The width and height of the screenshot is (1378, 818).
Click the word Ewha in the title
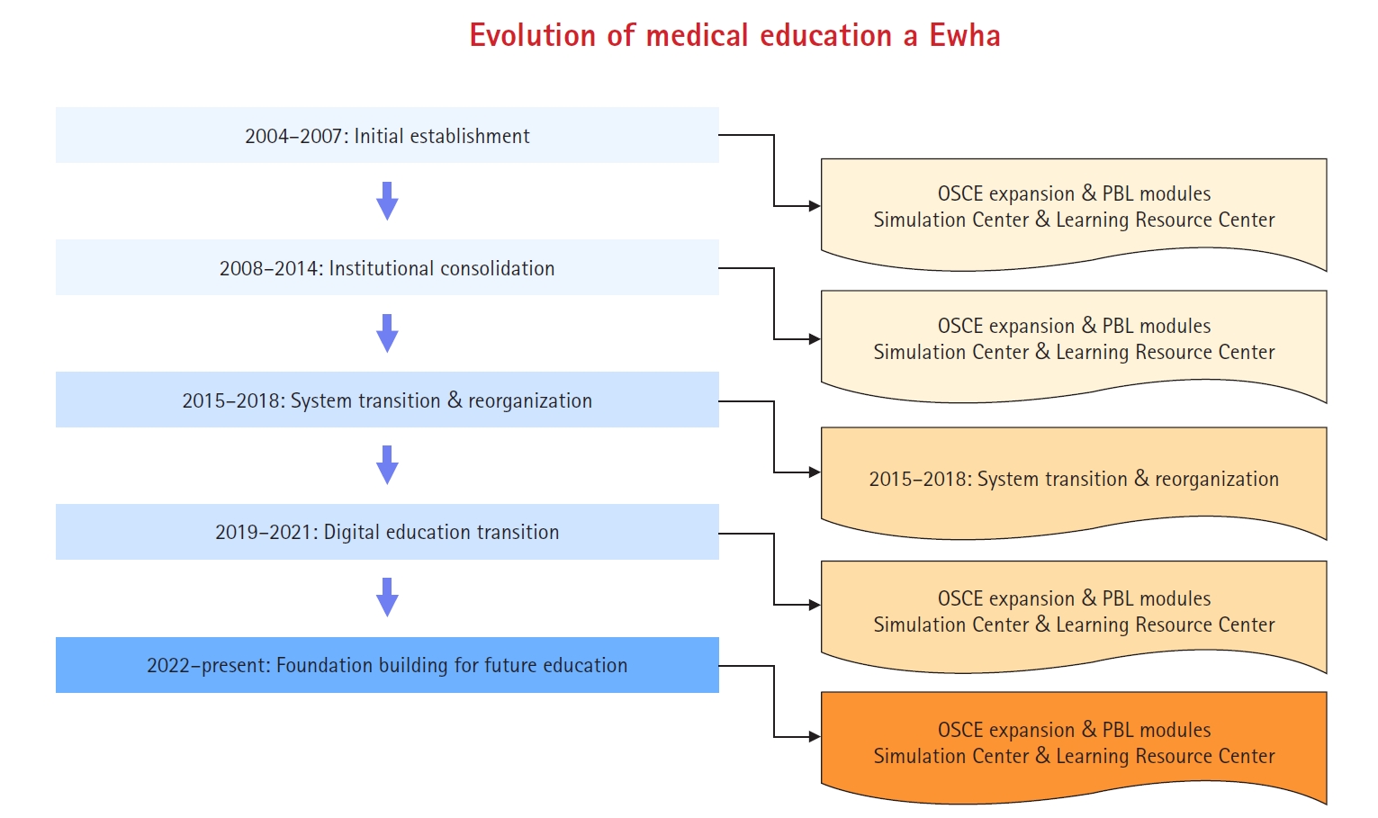tap(965, 35)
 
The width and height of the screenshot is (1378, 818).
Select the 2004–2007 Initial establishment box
tap(387, 135)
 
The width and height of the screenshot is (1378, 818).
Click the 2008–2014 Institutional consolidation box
tap(387, 267)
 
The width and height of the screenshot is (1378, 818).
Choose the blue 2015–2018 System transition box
tap(387, 400)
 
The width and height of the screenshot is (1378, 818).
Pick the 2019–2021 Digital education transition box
tap(387, 532)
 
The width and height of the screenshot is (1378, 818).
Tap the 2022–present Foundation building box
tap(387, 665)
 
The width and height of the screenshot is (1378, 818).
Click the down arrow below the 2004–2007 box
tap(387, 201)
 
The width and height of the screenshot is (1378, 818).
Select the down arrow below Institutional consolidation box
tap(387, 333)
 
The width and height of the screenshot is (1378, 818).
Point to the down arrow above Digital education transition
tap(387, 465)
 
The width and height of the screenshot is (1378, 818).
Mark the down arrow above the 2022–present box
tap(387, 598)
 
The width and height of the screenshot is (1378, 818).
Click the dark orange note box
tap(1074, 744)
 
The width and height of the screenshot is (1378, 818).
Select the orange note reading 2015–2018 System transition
tap(1074, 480)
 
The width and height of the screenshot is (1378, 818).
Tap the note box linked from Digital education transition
tap(1074, 613)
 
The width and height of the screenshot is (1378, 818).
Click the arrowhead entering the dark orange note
tap(815, 736)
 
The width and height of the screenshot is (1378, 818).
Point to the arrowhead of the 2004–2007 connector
tap(815, 206)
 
